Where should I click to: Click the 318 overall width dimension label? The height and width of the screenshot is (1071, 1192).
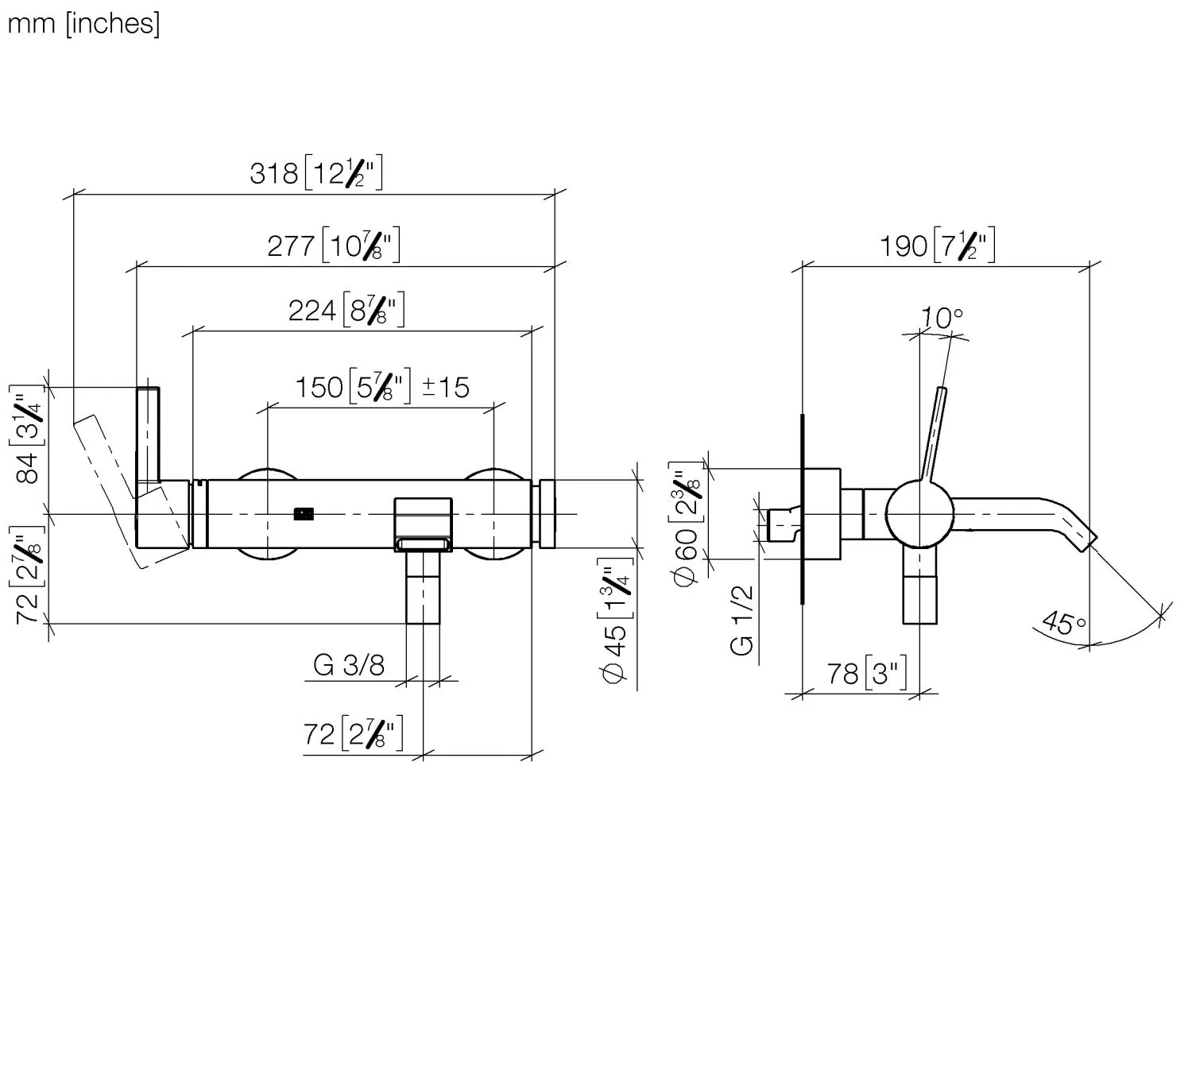tap(315, 172)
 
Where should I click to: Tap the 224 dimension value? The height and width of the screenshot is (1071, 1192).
tap(346, 309)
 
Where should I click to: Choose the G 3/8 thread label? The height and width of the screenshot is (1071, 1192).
tap(349, 665)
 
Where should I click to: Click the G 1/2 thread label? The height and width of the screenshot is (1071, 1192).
tap(741, 620)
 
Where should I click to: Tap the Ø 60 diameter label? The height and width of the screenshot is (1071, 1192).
tap(685, 524)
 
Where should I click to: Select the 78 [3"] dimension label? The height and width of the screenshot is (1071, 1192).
tap(866, 674)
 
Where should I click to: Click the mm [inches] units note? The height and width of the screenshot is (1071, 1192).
tap(83, 23)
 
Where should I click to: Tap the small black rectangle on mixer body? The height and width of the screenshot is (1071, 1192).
tap(304, 514)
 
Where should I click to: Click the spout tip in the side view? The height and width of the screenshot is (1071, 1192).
tap(1087, 542)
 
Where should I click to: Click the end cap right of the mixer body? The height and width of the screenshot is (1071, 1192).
tap(547, 514)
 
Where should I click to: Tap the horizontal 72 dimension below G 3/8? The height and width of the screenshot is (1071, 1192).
tap(353, 733)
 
